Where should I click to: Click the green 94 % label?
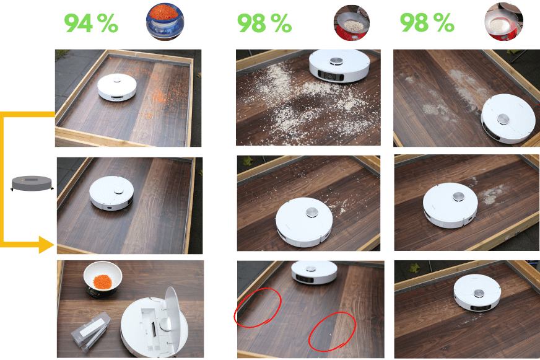click(91, 23)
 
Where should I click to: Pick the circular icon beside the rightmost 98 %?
click(500, 22)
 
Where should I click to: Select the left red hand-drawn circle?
click(257, 307)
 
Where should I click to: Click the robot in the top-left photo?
click(116, 87)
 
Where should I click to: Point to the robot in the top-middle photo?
click(339, 66)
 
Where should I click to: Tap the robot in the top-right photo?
click(508, 118)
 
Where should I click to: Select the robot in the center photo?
click(305, 219)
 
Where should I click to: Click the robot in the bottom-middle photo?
click(314, 273)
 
